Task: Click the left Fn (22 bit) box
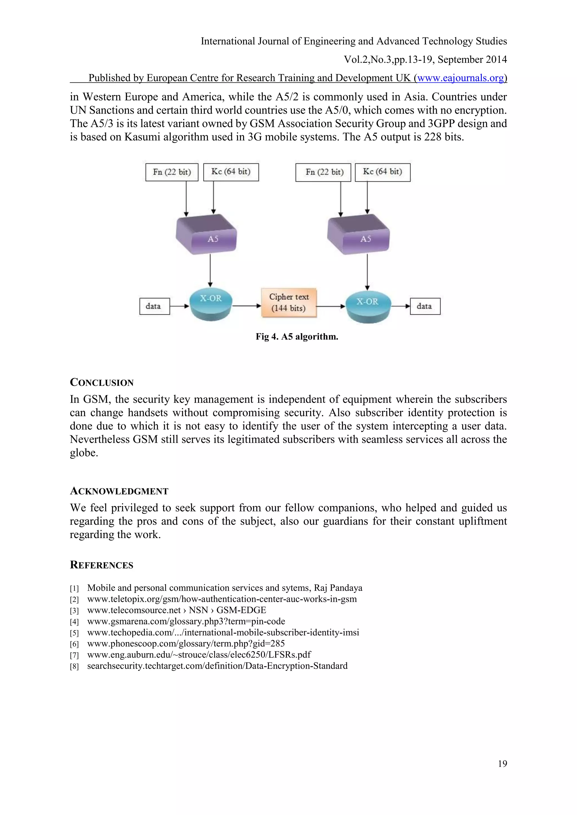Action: pyautogui.click(x=172, y=172)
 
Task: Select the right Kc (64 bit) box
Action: pyautogui.click(x=383, y=172)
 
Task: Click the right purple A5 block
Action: pyautogui.click(x=358, y=235)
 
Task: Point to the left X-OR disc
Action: pyautogui.click(x=211, y=304)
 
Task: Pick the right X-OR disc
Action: pyautogui.click(x=368, y=307)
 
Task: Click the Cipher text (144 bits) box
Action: pyautogui.click(x=289, y=303)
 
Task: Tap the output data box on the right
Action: pyautogui.click(x=425, y=306)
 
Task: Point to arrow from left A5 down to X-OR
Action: pyautogui.click(x=210, y=270)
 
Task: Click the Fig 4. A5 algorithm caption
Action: pyautogui.click(x=297, y=337)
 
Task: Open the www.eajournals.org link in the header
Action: pyautogui.click(x=460, y=78)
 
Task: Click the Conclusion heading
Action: pyautogui.click(x=102, y=383)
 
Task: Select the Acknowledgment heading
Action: pyautogui.click(x=119, y=491)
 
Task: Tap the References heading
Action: pyautogui.click(x=102, y=565)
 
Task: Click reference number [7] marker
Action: pyautogui.click(x=74, y=655)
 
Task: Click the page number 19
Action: pyautogui.click(x=502, y=763)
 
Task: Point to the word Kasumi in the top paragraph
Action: pyautogui.click(x=142, y=137)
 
